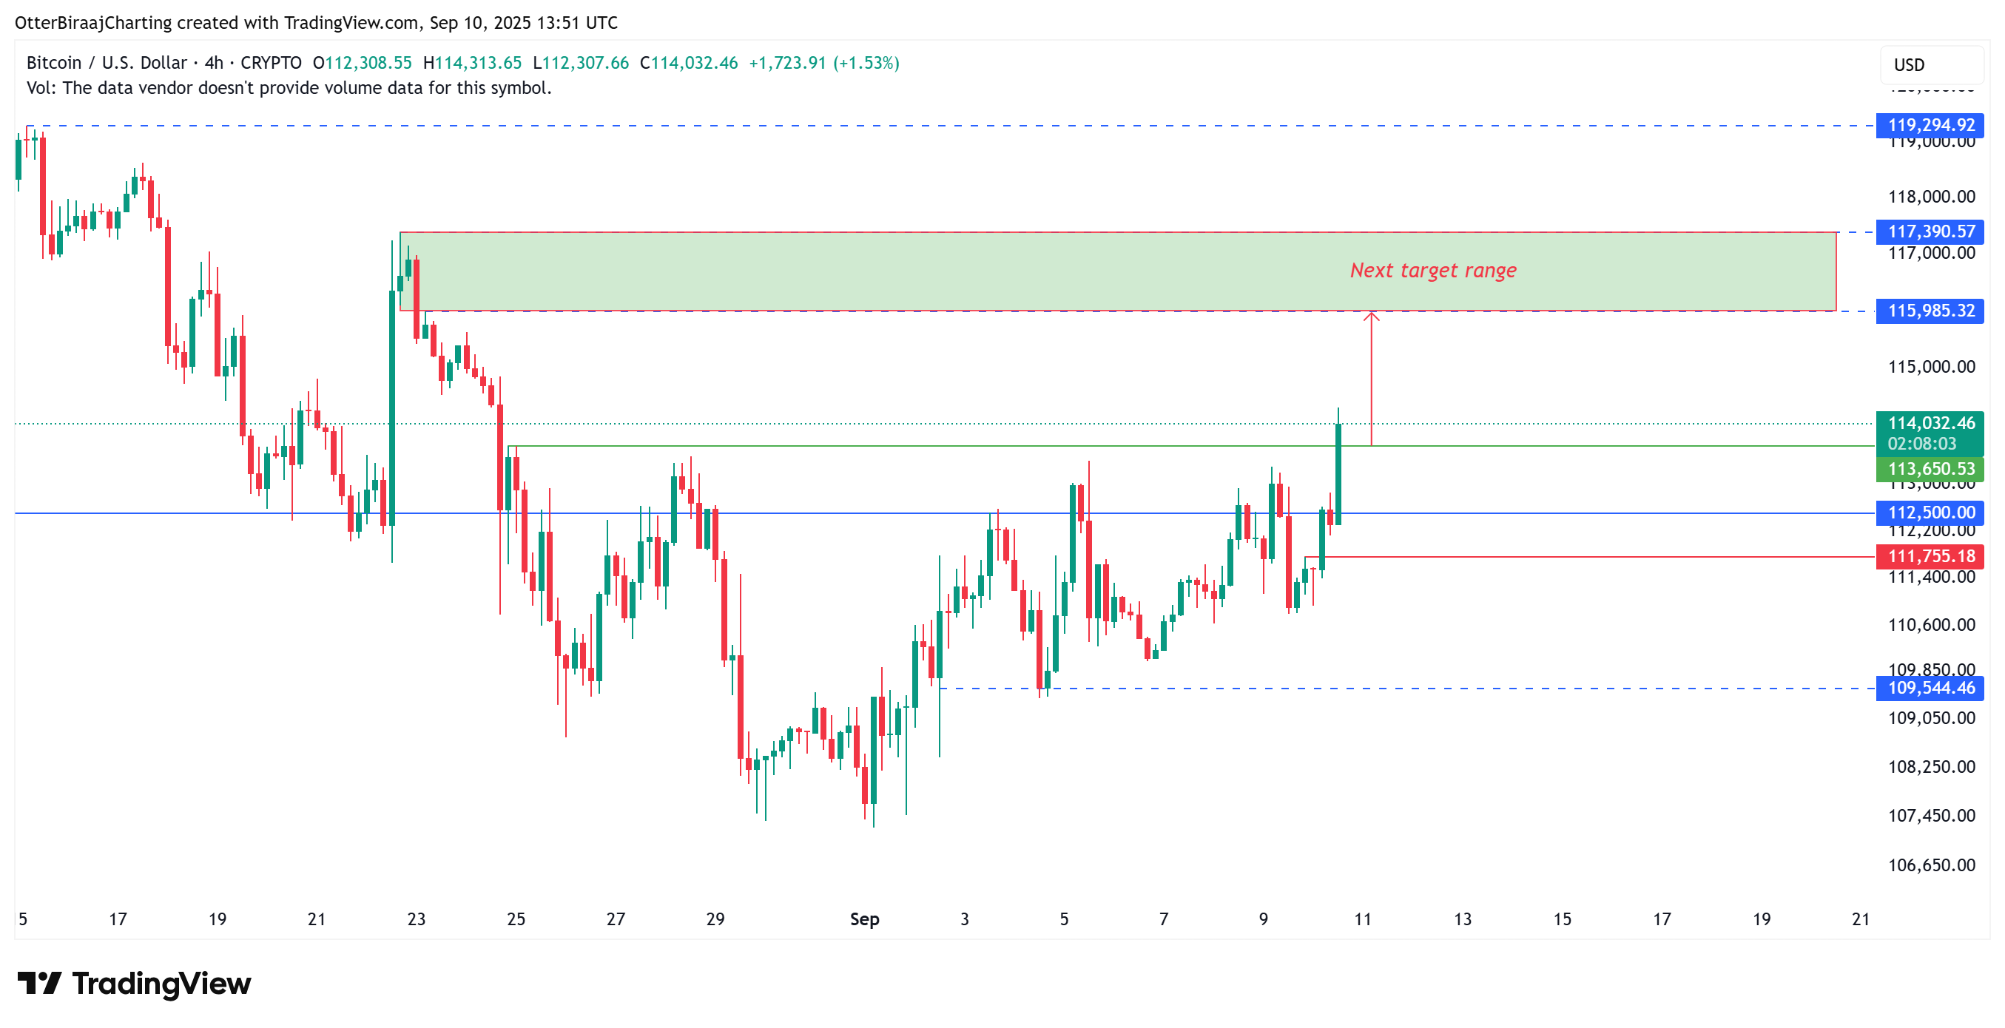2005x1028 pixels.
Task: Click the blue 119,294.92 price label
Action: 1930,125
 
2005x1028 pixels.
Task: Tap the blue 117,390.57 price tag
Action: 1930,232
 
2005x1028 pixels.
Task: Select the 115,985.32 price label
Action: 1930,311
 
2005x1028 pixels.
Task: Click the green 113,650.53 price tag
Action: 1930,469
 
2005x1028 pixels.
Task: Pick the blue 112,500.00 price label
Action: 1930,513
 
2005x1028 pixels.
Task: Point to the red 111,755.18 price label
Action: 1930,556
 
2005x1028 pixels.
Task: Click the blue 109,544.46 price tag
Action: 1930,688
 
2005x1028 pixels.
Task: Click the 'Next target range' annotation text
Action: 1433,271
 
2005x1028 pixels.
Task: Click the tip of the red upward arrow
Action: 1372,314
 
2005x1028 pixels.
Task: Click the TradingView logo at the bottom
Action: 135,984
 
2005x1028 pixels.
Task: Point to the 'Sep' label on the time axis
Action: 864,920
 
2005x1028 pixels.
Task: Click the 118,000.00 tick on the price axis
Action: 1931,197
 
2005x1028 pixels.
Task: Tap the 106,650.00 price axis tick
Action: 1931,865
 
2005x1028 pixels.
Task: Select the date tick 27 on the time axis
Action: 616,920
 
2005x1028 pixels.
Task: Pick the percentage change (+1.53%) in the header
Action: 866,63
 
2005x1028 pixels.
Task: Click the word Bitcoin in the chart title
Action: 54,63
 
